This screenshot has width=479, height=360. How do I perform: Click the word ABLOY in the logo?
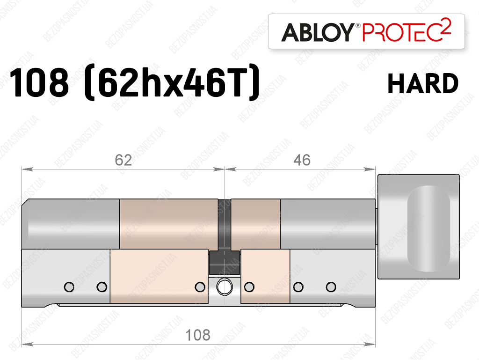coord(318,32)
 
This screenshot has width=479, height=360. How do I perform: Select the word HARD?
coord(423,83)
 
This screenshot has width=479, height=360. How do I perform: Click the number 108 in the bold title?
coord(39,82)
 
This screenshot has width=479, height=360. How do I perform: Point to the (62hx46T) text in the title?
coord(172,82)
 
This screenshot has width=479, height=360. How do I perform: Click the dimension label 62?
coord(123,160)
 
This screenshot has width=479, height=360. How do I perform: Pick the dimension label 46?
coord(302,160)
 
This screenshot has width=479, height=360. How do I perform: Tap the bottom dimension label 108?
coord(198,335)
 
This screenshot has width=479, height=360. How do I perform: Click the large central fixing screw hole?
coord(225,287)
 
